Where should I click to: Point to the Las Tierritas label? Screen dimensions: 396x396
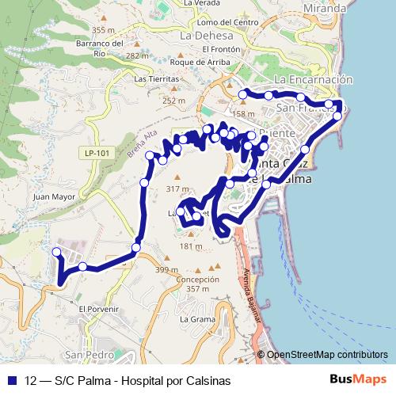(157, 79)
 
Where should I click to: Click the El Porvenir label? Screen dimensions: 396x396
(97, 308)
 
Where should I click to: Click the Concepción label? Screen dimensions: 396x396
(197, 280)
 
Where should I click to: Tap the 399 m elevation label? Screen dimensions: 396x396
(167, 271)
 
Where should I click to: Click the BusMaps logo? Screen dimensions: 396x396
(356, 380)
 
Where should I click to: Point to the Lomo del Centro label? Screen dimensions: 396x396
(230, 22)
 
